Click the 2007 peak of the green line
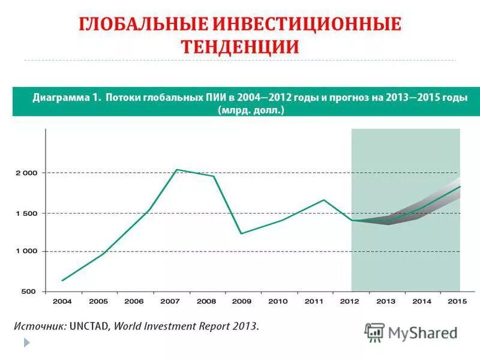click(176, 170)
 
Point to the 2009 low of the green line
click(241, 233)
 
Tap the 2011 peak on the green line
click(324, 200)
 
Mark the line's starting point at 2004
click(62, 280)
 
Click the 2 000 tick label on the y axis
click(26, 173)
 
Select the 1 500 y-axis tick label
click(26, 213)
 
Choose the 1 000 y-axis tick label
click(26, 251)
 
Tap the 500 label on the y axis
click(29, 291)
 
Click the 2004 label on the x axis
click(62, 301)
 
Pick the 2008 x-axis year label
click(206, 301)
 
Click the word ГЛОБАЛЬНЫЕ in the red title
click(142, 25)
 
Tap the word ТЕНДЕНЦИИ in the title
click(240, 47)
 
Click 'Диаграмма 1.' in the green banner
click(67, 97)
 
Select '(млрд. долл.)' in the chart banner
click(251, 110)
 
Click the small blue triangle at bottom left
click(26, 342)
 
